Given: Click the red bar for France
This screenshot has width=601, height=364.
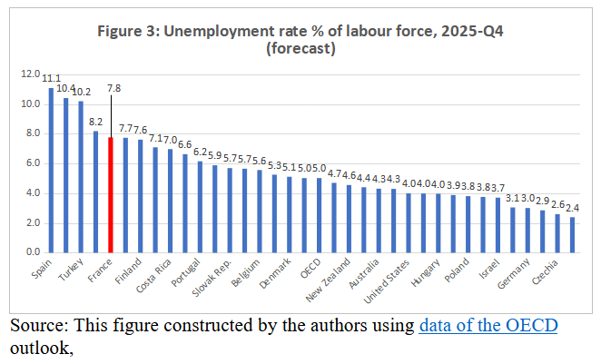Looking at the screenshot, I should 111,194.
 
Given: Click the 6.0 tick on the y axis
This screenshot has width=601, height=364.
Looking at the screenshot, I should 33,163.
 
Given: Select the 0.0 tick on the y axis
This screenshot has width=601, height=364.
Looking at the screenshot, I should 33,252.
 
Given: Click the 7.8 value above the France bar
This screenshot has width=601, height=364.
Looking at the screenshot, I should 113,88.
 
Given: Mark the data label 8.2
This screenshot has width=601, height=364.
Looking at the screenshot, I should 94,120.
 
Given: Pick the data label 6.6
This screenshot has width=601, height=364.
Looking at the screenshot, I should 185,143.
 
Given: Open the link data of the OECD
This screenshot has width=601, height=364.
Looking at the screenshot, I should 488,325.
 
